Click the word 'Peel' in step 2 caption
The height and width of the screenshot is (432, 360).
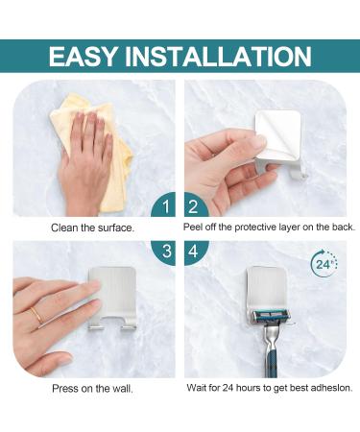point(194,228)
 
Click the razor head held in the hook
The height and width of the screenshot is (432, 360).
point(275,316)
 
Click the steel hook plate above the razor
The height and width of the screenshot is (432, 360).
point(275,288)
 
